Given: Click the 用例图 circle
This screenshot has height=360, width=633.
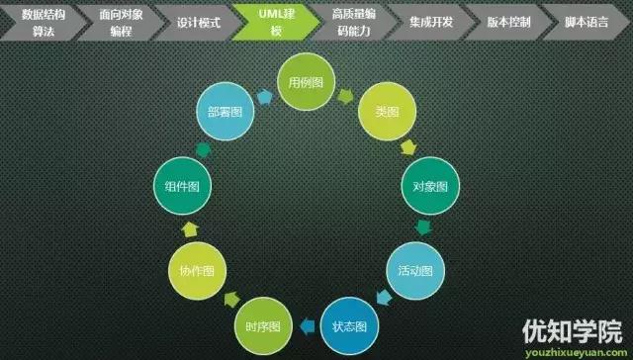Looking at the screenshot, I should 306,83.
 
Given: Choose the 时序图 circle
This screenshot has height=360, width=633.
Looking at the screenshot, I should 262,325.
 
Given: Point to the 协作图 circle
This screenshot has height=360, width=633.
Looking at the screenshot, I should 196,270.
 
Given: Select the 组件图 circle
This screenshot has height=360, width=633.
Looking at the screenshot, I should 179,186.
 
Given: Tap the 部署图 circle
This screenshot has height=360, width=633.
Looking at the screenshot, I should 226,112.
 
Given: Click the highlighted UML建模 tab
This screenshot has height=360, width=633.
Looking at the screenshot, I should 271,21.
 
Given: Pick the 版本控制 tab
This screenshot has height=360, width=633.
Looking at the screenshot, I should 506,21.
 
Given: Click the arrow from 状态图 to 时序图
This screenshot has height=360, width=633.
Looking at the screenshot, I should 307,323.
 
